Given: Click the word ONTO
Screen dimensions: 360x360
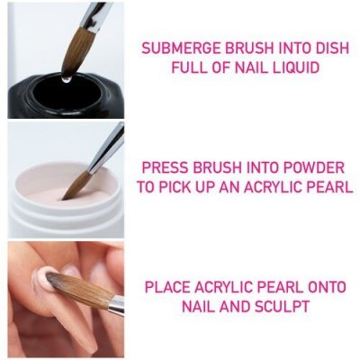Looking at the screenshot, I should pyautogui.click(x=324, y=288).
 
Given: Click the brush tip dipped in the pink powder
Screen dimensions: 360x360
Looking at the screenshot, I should pyautogui.click(x=72, y=185).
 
